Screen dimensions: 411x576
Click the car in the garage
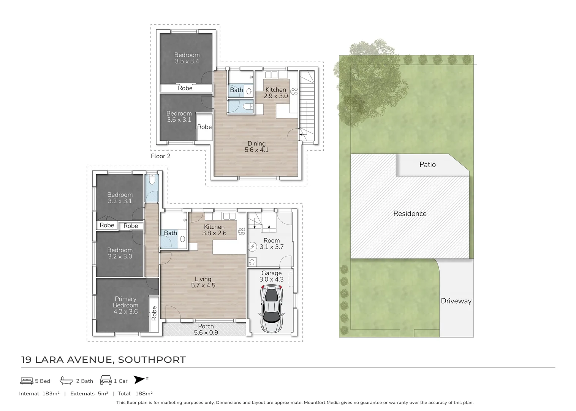271,310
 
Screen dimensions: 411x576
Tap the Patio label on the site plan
427,164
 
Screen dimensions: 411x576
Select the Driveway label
456,301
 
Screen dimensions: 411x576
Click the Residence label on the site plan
410,213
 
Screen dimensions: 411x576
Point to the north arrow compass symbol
140,380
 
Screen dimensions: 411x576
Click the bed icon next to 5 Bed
27,381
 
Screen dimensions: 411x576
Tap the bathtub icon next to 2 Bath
66,381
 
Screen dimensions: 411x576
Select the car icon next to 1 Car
106,381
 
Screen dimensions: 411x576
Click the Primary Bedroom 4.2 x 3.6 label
125,305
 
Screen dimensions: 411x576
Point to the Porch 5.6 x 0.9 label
206,329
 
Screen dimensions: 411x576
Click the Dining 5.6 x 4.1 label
256,147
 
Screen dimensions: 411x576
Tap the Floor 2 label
161,156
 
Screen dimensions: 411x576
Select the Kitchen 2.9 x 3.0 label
275,93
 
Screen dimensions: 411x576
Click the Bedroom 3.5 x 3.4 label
187,58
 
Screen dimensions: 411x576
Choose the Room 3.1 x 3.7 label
271,244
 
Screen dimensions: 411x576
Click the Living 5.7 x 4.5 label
203,282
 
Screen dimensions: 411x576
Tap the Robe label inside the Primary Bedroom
154,313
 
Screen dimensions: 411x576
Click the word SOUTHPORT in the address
152,360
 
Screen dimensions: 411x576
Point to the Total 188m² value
135,393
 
